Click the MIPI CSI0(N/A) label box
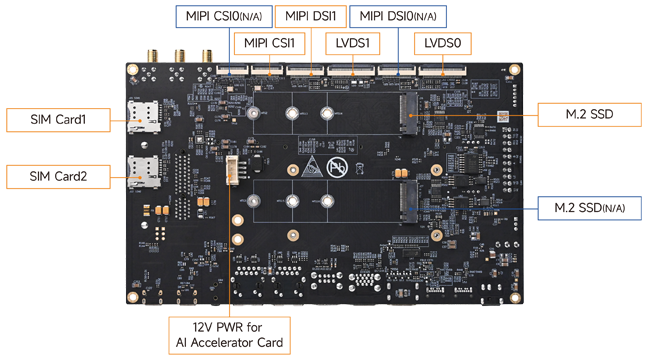pyautogui.click(x=224, y=17)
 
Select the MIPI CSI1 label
pyautogui.click(x=269, y=44)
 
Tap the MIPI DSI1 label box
pyautogui.click(x=310, y=17)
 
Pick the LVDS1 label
pyautogui.click(x=352, y=44)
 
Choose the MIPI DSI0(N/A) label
pyautogui.click(x=398, y=17)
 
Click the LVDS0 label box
pyautogui.click(x=443, y=44)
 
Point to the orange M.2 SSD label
pyautogui.click(x=589, y=114)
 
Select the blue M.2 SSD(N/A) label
pyautogui.click(x=589, y=208)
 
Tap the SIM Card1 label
pyautogui.click(x=58, y=120)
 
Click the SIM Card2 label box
pyautogui.click(x=58, y=177)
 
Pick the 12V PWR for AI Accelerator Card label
pyautogui.click(x=229, y=336)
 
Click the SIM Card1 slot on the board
pyautogui.click(x=143, y=117)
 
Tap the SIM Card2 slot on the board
pyautogui.click(x=143, y=172)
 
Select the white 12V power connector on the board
pyautogui.click(x=232, y=170)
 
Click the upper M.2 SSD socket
pyautogui.click(x=409, y=114)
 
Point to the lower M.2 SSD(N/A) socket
pyautogui.click(x=409, y=202)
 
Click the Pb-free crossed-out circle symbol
pyautogui.click(x=337, y=168)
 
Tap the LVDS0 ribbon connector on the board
pyautogui.click(x=442, y=71)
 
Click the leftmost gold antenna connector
pyautogui.click(x=152, y=56)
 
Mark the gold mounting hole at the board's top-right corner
pyautogui.click(x=514, y=70)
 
